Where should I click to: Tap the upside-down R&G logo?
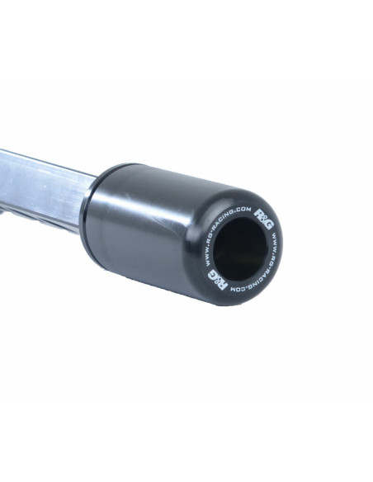tap(218, 280)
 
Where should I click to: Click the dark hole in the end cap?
tap(240, 249)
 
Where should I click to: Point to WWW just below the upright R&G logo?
tap(274, 239)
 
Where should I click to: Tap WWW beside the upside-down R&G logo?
tap(207, 260)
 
